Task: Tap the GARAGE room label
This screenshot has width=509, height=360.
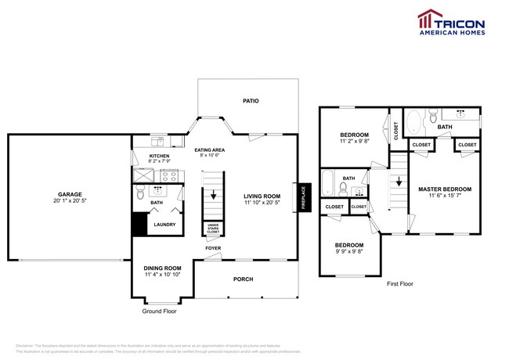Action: (x=69, y=194)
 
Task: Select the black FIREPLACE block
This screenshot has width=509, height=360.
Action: (x=302, y=197)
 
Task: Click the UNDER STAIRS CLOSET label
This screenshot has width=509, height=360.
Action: (x=213, y=229)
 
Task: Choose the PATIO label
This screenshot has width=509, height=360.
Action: (x=250, y=101)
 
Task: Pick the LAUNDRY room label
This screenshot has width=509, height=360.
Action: (x=164, y=225)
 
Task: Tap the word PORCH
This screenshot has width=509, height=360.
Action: (x=244, y=279)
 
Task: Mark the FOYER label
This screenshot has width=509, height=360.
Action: (x=213, y=248)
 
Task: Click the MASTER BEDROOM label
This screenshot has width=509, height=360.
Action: (x=444, y=189)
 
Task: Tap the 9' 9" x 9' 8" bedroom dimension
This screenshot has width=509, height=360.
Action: (x=349, y=252)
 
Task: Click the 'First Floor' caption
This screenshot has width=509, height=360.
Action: (x=399, y=284)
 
